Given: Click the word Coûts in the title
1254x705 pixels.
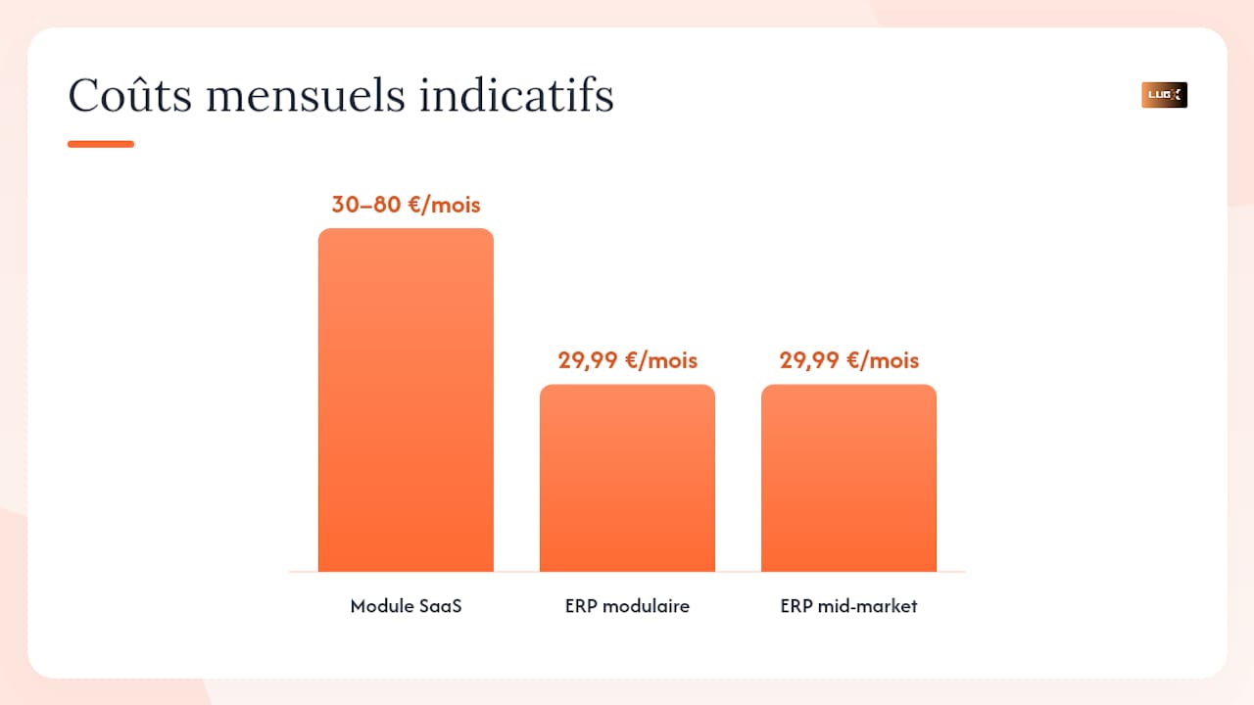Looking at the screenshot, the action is pyautogui.click(x=129, y=95).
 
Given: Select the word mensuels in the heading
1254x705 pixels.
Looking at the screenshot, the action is pyautogui.click(x=305, y=96).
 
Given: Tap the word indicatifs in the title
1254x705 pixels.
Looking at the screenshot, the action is pyautogui.click(x=516, y=95).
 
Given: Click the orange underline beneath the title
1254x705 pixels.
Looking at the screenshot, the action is pyautogui.click(x=101, y=144).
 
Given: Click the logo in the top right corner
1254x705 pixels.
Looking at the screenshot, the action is pyautogui.click(x=1164, y=95).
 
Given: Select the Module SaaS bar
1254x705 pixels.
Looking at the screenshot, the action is pyautogui.click(x=406, y=399).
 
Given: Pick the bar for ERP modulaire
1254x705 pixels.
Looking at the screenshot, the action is pyautogui.click(x=627, y=478).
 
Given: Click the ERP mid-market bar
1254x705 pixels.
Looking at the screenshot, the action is pyautogui.click(x=848, y=478).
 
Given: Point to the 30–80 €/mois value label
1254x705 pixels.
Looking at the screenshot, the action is pyautogui.click(x=406, y=205).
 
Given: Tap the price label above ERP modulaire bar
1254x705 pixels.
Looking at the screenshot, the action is pyautogui.click(x=628, y=360).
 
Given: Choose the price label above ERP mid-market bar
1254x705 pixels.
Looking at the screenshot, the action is pyautogui.click(x=849, y=360).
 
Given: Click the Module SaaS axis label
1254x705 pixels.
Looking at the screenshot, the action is pyautogui.click(x=406, y=606).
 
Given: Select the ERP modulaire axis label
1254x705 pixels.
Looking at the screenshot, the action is pyautogui.click(x=627, y=606).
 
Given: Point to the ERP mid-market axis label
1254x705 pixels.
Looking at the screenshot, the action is pyautogui.click(x=848, y=606).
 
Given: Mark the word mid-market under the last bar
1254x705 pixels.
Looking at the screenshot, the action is pyautogui.click(x=867, y=606).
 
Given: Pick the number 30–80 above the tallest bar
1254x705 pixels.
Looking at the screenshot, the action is pyautogui.click(x=366, y=205).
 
